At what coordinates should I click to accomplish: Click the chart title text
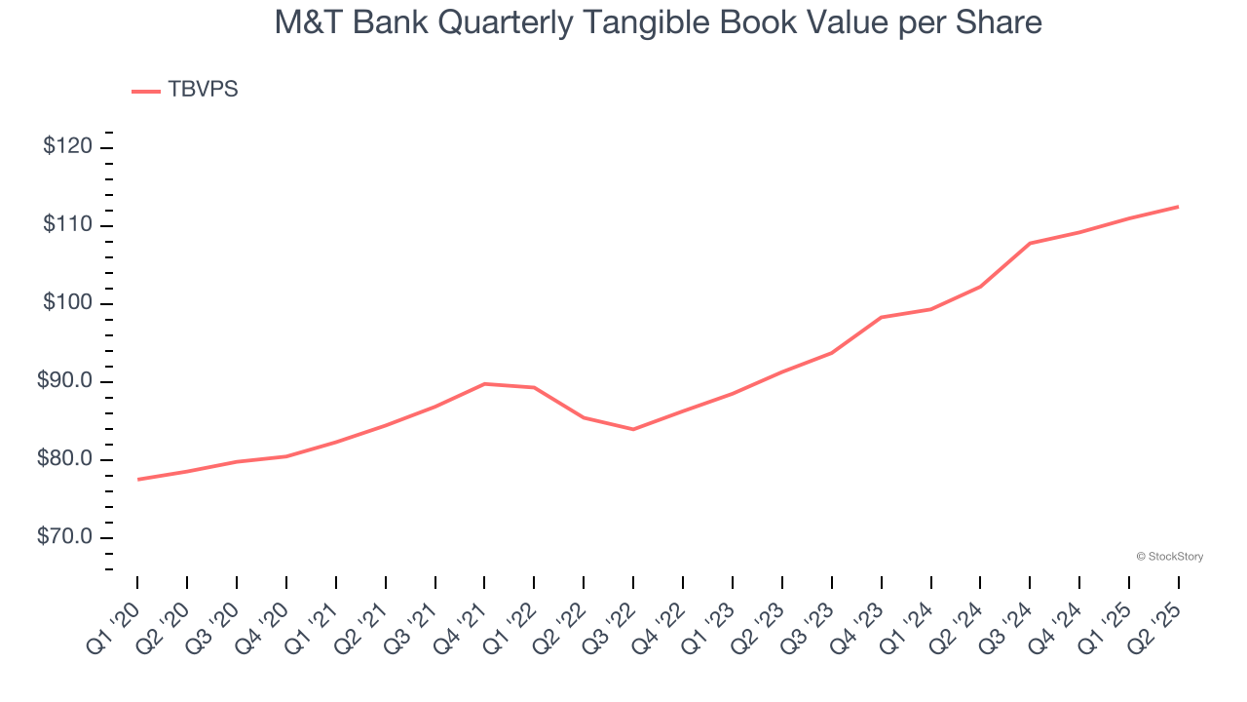coord(658,22)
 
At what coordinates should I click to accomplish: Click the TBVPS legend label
coord(203,90)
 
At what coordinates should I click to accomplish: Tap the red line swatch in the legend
coord(146,91)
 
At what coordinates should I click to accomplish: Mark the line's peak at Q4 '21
coord(484,383)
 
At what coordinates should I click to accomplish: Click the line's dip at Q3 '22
coord(633,429)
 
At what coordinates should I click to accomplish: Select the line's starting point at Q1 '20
coord(137,479)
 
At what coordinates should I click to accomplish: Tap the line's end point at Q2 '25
coord(1179,206)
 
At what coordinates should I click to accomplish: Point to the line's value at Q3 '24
coord(1030,243)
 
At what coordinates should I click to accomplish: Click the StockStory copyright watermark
coord(1169,557)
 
